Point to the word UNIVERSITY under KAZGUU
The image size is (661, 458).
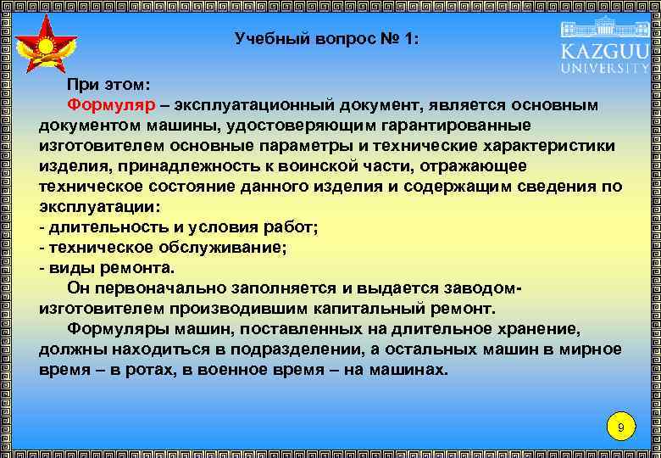pos(604,67)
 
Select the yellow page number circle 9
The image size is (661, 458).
pos(620,427)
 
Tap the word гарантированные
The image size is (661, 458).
pos(472,126)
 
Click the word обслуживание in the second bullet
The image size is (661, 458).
pos(225,248)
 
